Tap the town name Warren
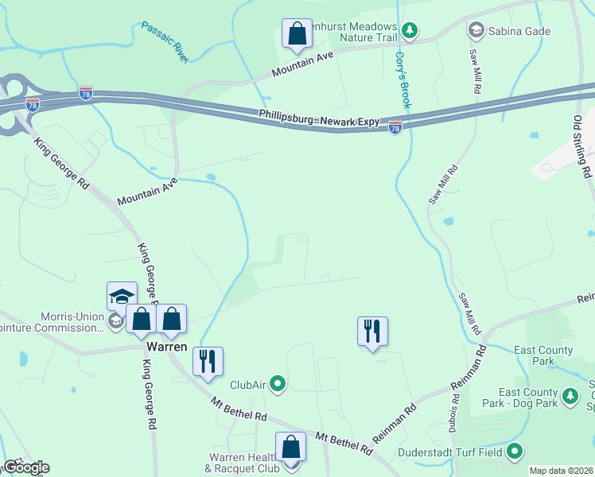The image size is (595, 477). [166, 347]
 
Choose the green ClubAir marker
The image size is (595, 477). [278, 385]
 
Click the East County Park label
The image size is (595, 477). [544, 355]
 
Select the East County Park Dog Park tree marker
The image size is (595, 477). [570, 395]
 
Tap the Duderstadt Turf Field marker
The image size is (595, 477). [515, 452]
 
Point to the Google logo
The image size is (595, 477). [25, 467]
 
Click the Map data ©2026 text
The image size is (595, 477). [561, 471]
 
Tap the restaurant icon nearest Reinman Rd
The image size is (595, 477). [372, 331]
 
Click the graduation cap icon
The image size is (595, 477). [122, 297]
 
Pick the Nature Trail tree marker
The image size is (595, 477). [410, 31]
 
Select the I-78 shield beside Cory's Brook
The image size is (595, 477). [395, 127]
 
